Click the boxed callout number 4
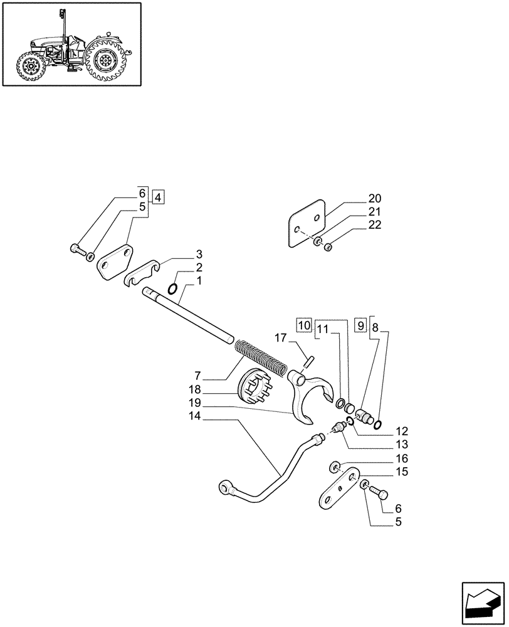[x=157, y=197]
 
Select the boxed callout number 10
[x=303, y=325]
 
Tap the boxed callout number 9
[x=360, y=325]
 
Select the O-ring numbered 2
[x=175, y=289]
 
